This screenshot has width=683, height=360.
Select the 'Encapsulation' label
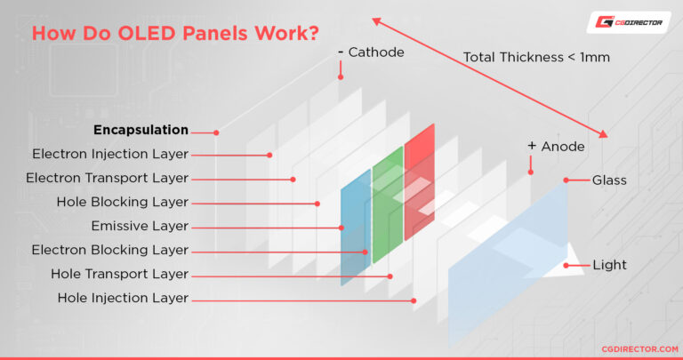(141, 130)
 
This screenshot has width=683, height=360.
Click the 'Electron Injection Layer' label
(110, 154)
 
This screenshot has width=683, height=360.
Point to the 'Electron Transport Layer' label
(107, 178)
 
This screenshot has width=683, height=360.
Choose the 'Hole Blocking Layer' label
(122, 202)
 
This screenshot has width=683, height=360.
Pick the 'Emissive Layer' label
(140, 226)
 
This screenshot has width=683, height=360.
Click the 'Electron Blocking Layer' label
(110, 250)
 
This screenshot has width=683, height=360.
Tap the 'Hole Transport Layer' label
(119, 274)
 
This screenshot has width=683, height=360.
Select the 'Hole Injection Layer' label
(123, 298)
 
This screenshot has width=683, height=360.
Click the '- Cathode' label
(371, 52)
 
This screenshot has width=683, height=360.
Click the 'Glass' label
(609, 180)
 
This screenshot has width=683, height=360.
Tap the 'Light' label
(609, 265)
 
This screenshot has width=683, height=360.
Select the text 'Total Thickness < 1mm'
(535, 58)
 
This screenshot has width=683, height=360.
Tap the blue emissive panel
(355, 231)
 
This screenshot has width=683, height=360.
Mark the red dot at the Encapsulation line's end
(216, 132)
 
